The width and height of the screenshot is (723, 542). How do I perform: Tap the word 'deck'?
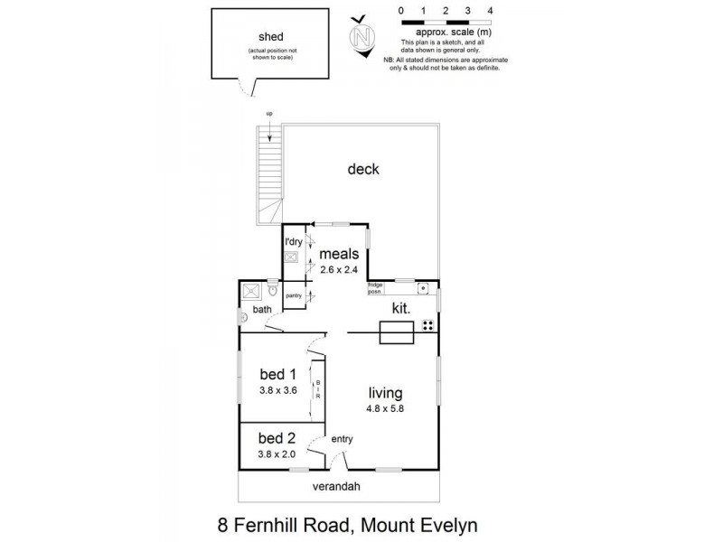362,170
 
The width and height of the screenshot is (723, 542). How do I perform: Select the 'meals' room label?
339,254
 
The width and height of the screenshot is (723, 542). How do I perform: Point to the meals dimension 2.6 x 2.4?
339,269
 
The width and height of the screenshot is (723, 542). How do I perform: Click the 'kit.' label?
401,309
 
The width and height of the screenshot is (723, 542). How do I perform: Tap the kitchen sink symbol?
422,288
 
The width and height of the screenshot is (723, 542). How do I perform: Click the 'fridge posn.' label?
375,287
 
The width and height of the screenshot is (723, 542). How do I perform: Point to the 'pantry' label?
293,295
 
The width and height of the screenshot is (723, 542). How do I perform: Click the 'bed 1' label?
277,374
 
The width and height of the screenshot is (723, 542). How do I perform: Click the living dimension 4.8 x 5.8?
384,409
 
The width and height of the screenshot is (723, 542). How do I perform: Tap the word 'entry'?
342,439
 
